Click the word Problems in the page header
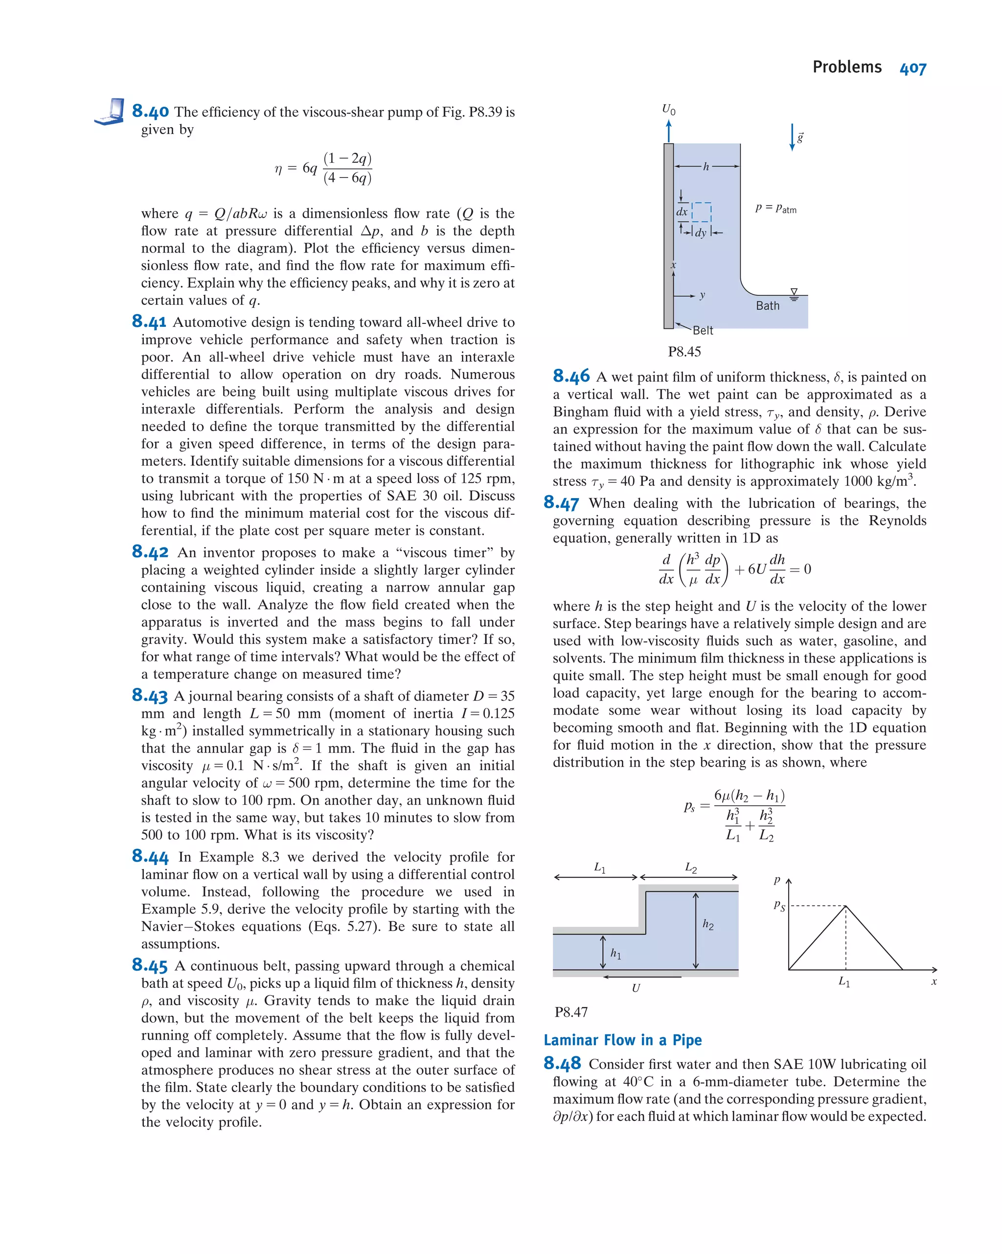pos(847,68)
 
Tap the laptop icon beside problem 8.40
pos(110,112)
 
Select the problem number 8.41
pos(149,321)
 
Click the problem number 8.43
pos(149,695)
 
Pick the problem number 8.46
pos(570,376)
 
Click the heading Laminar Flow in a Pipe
pos(622,1040)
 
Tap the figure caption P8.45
pos(684,352)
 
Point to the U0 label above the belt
pos(668,109)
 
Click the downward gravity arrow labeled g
pos(792,137)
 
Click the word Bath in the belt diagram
pos(767,306)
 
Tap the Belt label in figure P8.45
pos(703,330)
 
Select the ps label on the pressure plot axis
pos(779,906)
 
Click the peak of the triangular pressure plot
pos(845,906)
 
